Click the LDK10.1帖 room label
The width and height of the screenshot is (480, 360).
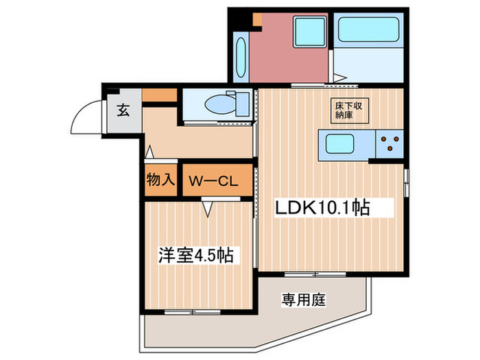tap(323, 208)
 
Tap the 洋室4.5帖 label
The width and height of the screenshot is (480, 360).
tap(196, 254)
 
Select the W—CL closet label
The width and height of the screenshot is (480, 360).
tap(213, 182)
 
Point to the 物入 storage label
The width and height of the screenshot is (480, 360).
tap(160, 180)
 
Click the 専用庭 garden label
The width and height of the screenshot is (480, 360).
tap(304, 300)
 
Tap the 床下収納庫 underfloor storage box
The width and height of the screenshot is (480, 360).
tap(349, 110)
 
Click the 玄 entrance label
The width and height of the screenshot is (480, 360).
tap(123, 110)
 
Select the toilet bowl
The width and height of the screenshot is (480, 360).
tap(220, 104)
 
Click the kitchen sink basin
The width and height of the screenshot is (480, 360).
tap(340, 144)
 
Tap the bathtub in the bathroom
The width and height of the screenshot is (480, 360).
tap(368, 29)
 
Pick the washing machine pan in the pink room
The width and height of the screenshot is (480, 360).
tap(309, 32)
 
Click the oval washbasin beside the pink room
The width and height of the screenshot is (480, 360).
tap(241, 57)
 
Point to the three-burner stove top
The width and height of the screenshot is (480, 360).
tap(389, 144)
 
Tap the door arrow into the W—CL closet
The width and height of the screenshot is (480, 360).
tap(208, 209)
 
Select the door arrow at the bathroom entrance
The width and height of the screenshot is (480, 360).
tap(339, 77)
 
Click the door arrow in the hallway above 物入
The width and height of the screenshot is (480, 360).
tap(149, 152)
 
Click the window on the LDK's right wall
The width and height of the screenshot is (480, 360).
tap(406, 183)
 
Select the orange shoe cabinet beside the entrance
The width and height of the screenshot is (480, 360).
tap(160, 95)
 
